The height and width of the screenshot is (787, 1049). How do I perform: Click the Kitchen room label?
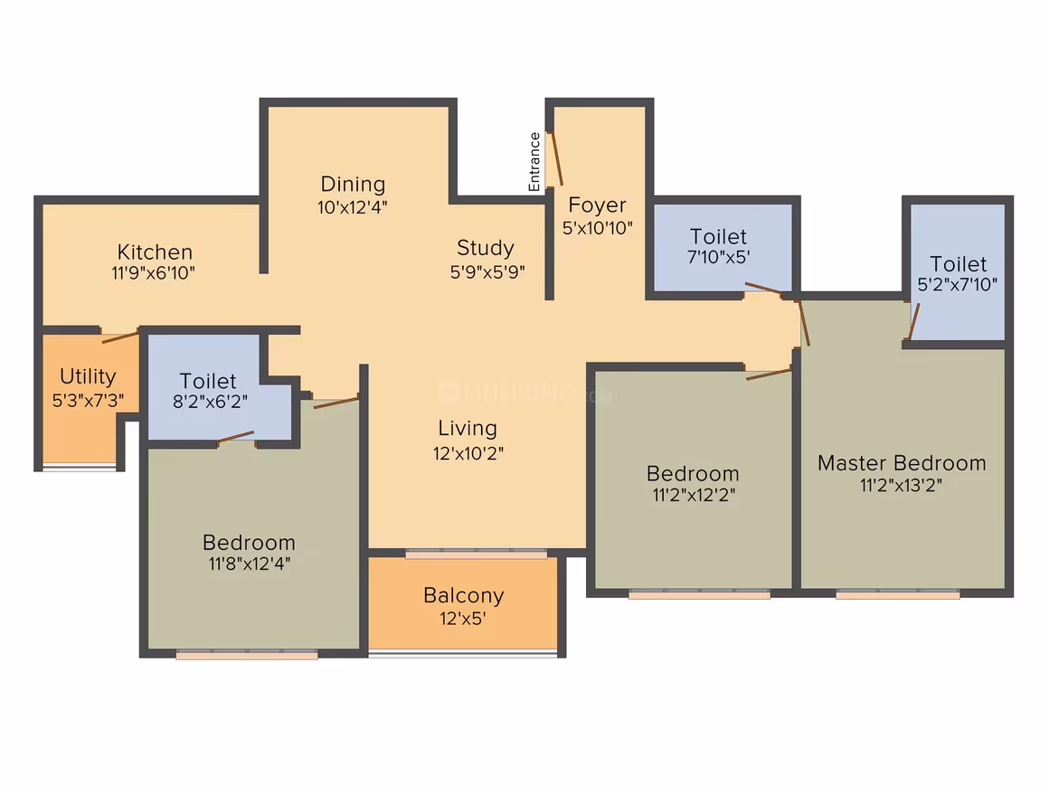point(155,251)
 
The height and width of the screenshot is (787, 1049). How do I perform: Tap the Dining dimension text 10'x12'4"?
point(353,207)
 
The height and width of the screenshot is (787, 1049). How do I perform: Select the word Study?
point(486,248)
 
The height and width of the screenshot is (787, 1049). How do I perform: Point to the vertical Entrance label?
point(534,162)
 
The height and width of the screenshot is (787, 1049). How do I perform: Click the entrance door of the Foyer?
point(556,158)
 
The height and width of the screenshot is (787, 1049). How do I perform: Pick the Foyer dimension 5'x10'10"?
point(598,228)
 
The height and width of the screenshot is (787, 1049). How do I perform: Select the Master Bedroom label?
point(902,462)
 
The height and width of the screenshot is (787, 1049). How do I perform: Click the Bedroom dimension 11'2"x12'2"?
point(694,495)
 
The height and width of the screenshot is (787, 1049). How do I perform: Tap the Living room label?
point(468,428)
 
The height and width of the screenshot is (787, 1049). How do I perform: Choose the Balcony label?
point(464,595)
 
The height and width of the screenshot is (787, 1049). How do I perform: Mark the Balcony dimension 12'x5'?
point(463,619)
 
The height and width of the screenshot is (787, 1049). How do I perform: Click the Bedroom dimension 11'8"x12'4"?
point(249,564)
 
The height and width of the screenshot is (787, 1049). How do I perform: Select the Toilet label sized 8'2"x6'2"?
point(210,402)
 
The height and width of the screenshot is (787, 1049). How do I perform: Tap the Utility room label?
point(88,376)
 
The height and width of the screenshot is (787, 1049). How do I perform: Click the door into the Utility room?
point(120,336)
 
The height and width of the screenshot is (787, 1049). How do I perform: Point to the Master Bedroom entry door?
point(804,323)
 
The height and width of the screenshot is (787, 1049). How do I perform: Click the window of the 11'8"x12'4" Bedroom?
point(247,654)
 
